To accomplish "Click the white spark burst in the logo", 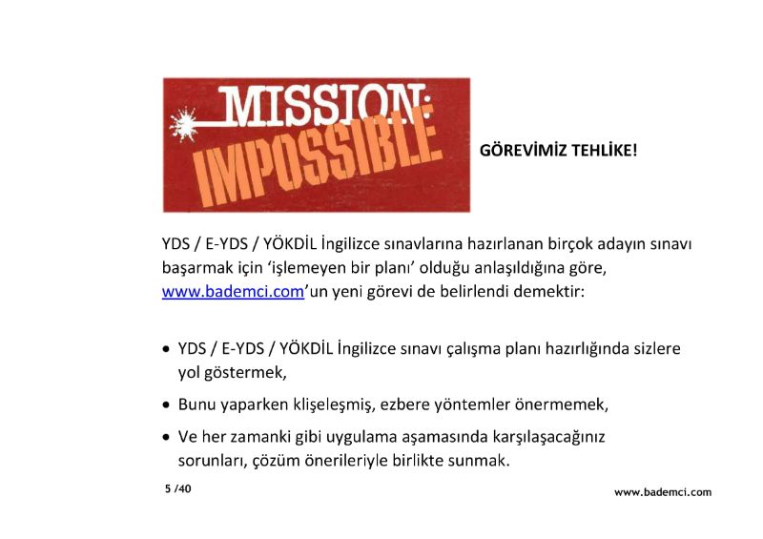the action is (183, 125).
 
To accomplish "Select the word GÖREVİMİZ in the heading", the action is (523, 150).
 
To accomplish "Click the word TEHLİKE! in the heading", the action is (604, 150).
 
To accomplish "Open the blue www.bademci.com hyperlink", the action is (233, 292).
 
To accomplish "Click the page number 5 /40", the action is (178, 488).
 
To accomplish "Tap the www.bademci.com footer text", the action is (663, 491).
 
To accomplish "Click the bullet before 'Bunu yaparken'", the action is (167, 404).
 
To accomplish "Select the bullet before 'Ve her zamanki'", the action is (167, 437).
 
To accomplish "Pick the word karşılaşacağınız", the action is (548, 437).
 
